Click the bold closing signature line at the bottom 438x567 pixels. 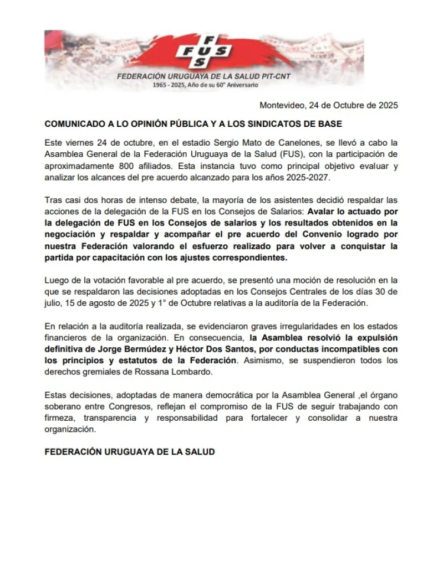click(x=129, y=451)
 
